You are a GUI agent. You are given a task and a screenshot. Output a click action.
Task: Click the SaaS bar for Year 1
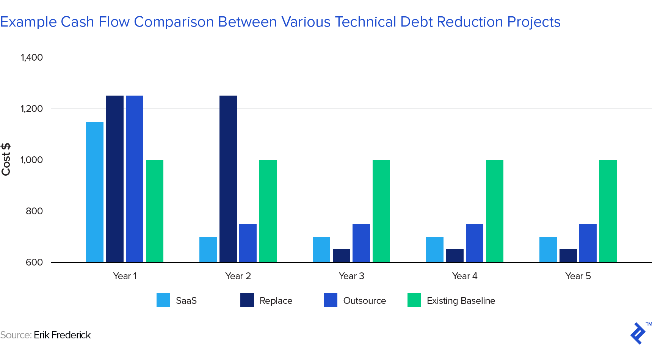pos(95,192)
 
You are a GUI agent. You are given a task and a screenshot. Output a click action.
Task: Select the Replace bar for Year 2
pos(228,179)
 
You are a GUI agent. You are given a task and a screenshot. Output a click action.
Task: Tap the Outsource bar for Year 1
pos(135,179)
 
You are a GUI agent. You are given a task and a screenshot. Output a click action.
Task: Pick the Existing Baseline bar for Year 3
pos(381,211)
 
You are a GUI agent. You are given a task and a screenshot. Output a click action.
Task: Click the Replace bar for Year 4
pos(455,256)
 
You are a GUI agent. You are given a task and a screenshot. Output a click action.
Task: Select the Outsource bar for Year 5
pos(588,243)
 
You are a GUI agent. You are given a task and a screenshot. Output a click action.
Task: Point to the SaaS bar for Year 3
pos(321,249)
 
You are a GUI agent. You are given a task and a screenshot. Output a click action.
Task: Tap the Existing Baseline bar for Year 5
pos(608,211)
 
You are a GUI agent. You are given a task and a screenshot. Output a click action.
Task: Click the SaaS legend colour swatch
pos(163,300)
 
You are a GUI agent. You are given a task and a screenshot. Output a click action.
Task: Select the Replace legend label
pos(276,301)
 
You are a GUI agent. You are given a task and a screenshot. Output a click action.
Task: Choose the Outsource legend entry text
pos(364,301)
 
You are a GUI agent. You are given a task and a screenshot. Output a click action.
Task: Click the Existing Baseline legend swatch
pos(414,300)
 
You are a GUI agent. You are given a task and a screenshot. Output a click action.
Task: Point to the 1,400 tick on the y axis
pos(32,57)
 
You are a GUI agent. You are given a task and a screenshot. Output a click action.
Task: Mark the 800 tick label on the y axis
pos(34,211)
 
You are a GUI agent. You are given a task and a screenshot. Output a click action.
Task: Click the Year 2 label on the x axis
pos(238,276)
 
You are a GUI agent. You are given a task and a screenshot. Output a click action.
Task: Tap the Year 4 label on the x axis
pos(465,276)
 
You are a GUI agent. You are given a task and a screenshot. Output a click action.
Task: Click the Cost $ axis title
pos(6,159)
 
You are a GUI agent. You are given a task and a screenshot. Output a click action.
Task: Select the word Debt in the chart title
pos(417,22)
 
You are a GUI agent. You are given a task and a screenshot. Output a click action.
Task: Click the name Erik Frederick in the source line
pos(62,335)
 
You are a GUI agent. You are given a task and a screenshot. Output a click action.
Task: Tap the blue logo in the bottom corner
pos(638,333)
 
